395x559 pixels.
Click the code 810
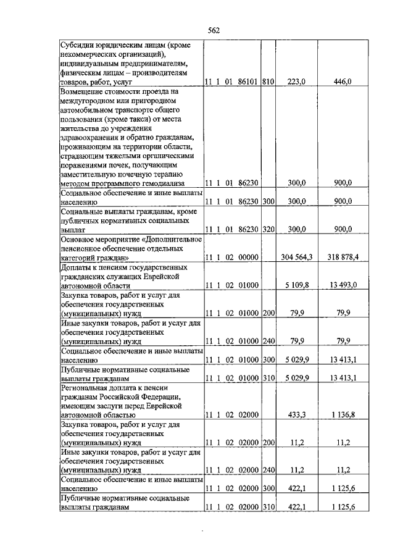click(x=267, y=81)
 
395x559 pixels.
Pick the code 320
click(x=267, y=229)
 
